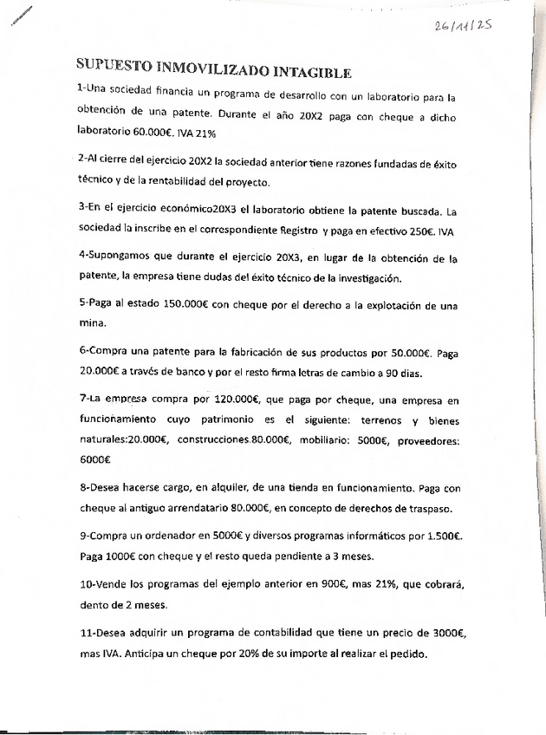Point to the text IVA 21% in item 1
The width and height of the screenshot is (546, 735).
pos(196,134)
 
